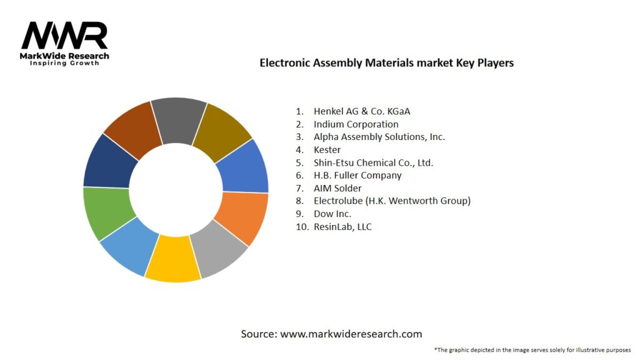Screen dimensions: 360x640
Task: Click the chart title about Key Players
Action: point(386,63)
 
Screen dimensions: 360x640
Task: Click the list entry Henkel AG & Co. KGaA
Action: point(362,111)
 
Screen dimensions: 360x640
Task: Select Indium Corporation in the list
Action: point(356,124)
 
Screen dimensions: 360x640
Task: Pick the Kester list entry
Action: point(327,149)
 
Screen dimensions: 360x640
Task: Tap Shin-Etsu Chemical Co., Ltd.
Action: point(373,162)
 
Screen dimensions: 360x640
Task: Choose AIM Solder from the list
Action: point(337,188)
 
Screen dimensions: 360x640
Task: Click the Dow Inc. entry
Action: point(332,214)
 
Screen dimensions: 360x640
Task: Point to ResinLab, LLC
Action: point(342,226)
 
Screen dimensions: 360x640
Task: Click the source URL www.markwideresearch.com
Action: point(351,334)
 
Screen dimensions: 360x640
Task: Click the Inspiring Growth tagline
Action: point(64,63)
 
